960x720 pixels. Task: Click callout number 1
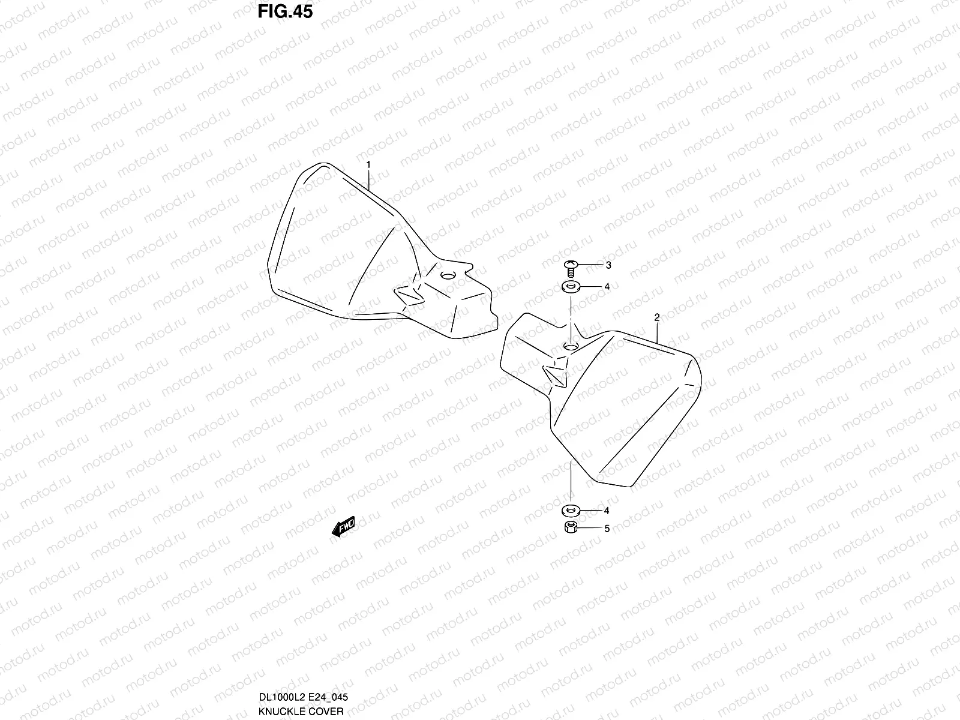tap(368, 164)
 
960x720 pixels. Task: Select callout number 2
tap(657, 317)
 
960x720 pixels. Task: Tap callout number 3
tap(608, 265)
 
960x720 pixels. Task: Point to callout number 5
tap(607, 529)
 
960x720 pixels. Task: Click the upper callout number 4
tap(607, 287)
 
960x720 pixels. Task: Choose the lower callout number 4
tap(607, 511)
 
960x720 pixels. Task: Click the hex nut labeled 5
tap(570, 529)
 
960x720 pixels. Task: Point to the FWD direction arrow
tap(343, 527)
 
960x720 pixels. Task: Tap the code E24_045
tap(328, 697)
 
